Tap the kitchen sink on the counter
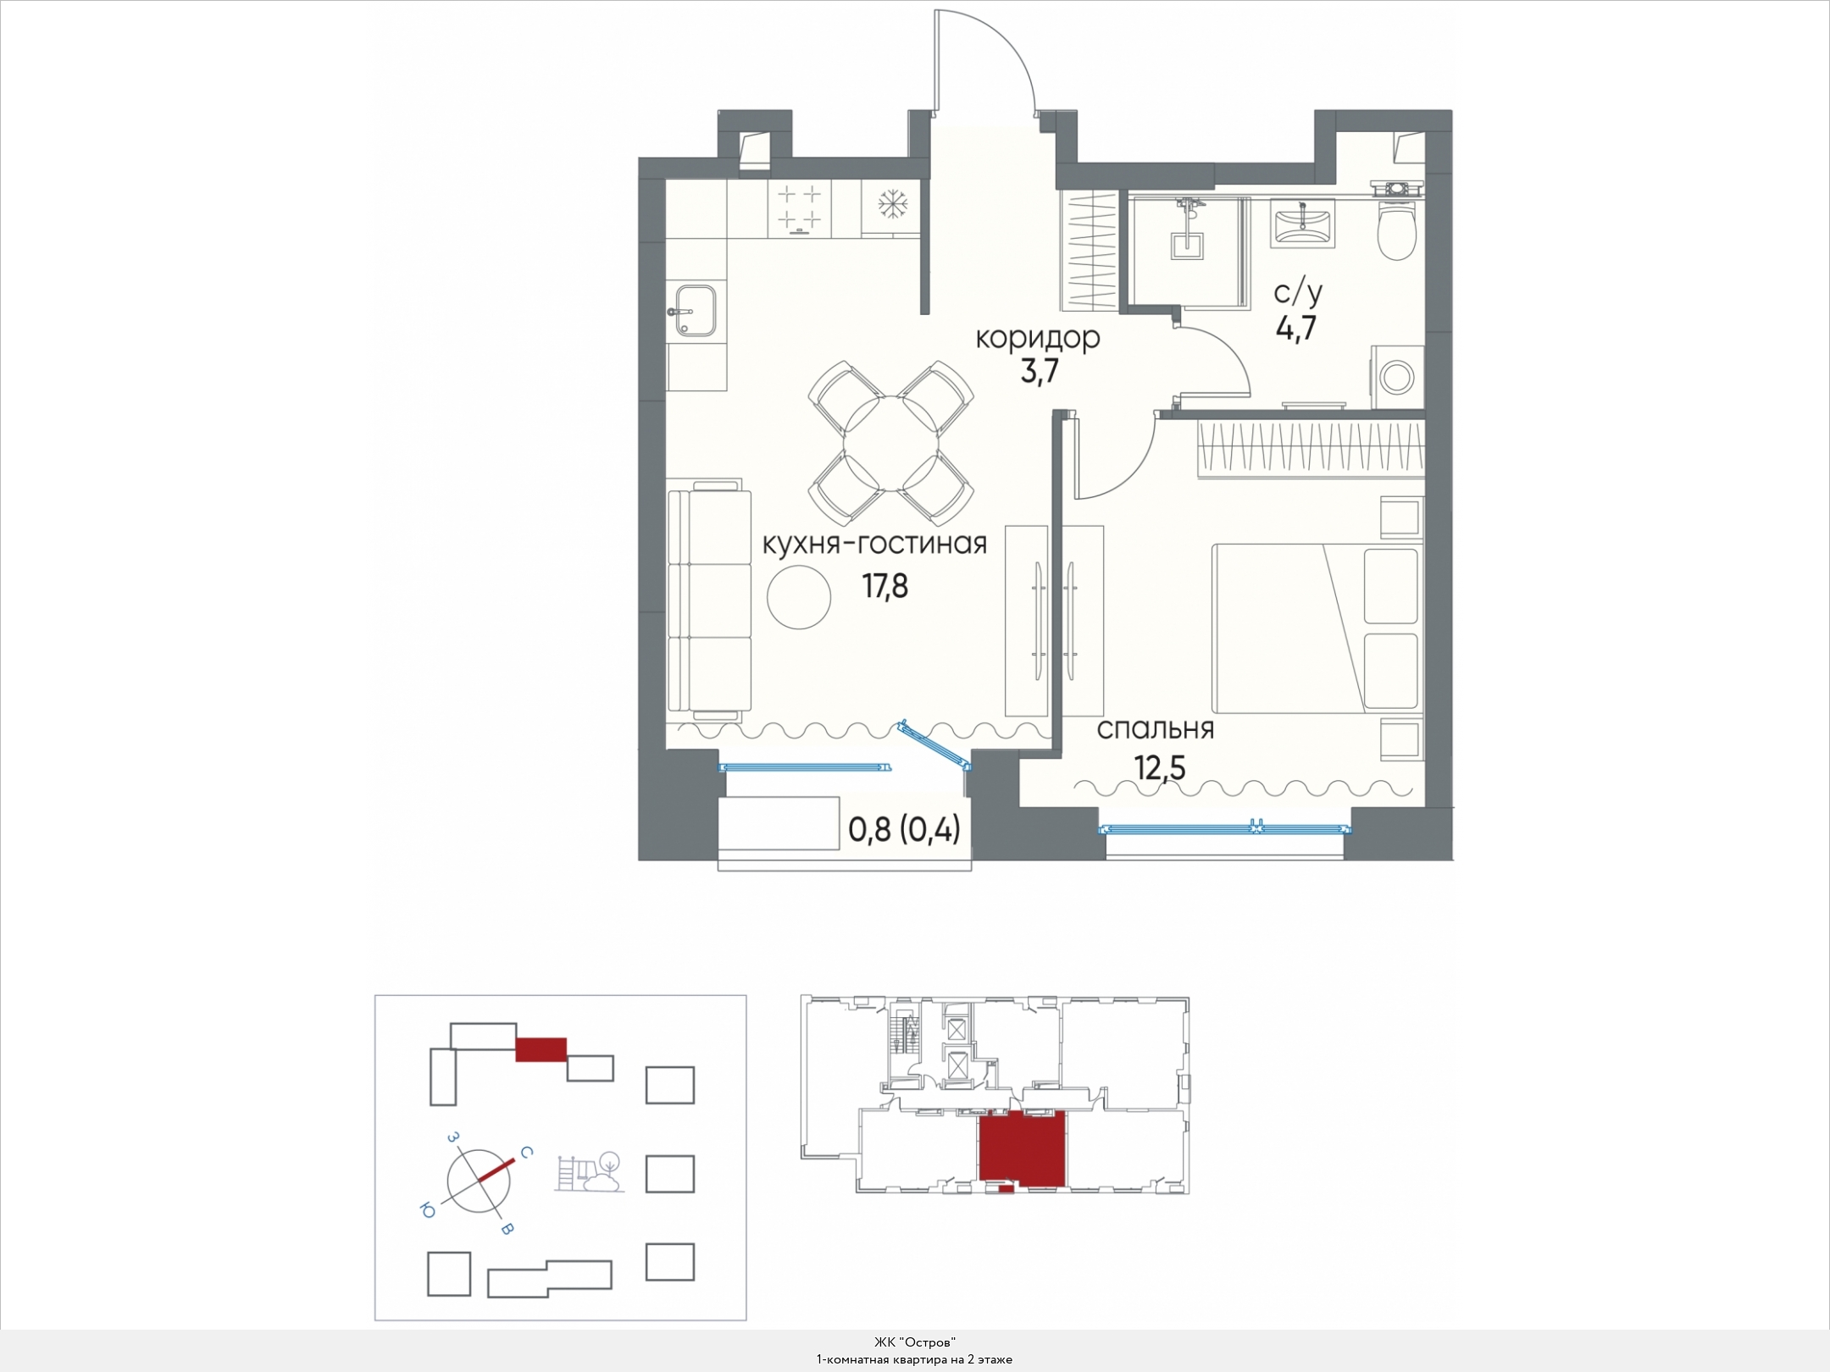tap(696, 311)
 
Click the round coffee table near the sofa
tap(798, 596)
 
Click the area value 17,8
tap(884, 585)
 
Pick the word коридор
tap(1038, 338)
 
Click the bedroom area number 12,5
tap(1160, 768)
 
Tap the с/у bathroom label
tap(1298, 293)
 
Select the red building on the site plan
tap(541, 1048)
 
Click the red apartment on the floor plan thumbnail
tap(1022, 1150)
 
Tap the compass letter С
tap(526, 1152)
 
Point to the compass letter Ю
tap(427, 1212)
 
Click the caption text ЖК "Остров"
tap(915, 1342)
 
